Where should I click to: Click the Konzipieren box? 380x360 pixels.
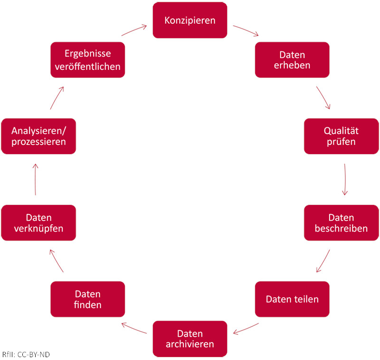point(190,20)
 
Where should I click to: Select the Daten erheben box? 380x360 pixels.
point(292,60)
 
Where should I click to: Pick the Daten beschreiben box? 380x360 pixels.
point(341,223)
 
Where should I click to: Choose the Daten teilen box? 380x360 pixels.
point(292,299)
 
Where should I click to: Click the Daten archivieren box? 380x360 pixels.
point(190,339)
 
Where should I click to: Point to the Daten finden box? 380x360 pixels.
point(87,299)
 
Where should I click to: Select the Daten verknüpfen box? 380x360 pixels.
point(38,223)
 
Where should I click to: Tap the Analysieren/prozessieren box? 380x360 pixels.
point(38,136)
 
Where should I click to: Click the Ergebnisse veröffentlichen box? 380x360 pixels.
point(87,60)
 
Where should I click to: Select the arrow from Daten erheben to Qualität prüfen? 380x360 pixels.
point(323,98)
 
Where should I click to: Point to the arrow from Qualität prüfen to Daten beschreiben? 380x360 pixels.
point(344,180)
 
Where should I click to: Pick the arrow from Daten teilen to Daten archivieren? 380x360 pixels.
point(246,328)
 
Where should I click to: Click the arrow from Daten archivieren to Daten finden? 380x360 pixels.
point(134,329)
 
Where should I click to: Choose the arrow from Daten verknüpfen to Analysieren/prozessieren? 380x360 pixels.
point(36,180)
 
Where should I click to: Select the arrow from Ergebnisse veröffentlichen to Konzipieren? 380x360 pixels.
point(134,30)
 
